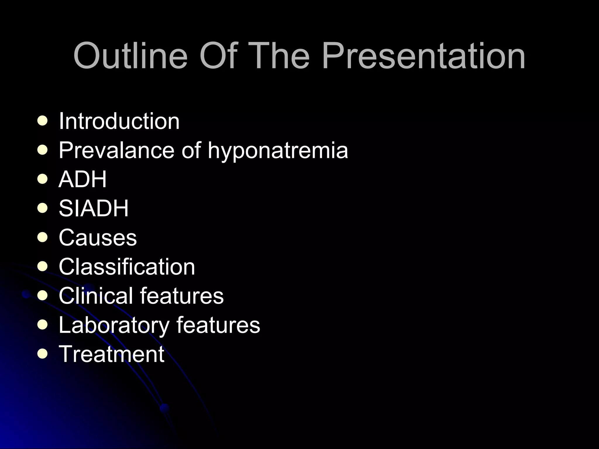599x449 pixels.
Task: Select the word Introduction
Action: pos(119,121)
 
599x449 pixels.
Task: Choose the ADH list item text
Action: pos(83,179)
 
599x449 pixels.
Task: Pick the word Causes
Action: pos(98,237)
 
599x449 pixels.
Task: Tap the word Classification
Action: pos(127,267)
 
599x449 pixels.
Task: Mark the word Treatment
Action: pos(111,354)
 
